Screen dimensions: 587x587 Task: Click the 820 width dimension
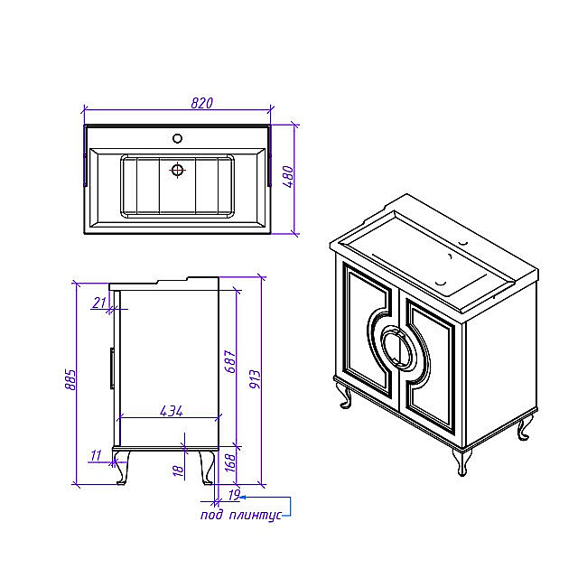pos(201,103)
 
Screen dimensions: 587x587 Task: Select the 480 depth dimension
pos(288,176)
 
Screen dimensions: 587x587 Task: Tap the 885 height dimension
pos(70,379)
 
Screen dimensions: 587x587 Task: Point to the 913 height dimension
pos(255,379)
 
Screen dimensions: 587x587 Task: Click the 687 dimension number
pos(230,361)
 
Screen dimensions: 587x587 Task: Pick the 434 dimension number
pos(172,411)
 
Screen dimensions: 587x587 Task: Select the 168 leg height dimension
pos(230,462)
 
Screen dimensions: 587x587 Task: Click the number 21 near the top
pos(99,303)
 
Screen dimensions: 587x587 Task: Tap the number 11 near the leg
pos(96,455)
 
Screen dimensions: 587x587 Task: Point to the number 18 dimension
pos(179,471)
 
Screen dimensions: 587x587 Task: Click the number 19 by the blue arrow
pos(233,495)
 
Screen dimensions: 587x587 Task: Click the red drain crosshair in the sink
pos(177,171)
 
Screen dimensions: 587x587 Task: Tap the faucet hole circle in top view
pos(177,138)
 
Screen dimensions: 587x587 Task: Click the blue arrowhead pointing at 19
pos(243,498)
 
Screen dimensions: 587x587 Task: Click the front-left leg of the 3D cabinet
pos(346,397)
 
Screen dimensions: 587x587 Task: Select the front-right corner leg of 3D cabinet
pos(462,462)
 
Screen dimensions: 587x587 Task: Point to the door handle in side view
pos(112,368)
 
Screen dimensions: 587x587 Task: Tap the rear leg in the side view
pos(207,467)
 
